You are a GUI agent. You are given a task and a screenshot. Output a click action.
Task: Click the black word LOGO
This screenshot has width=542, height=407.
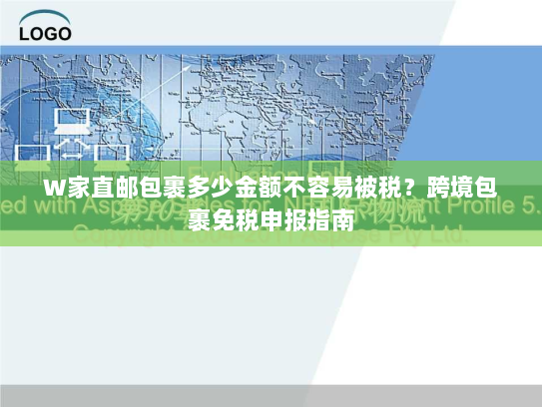pos(45,32)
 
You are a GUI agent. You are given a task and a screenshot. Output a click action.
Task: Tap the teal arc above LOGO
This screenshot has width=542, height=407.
pos(45,16)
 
